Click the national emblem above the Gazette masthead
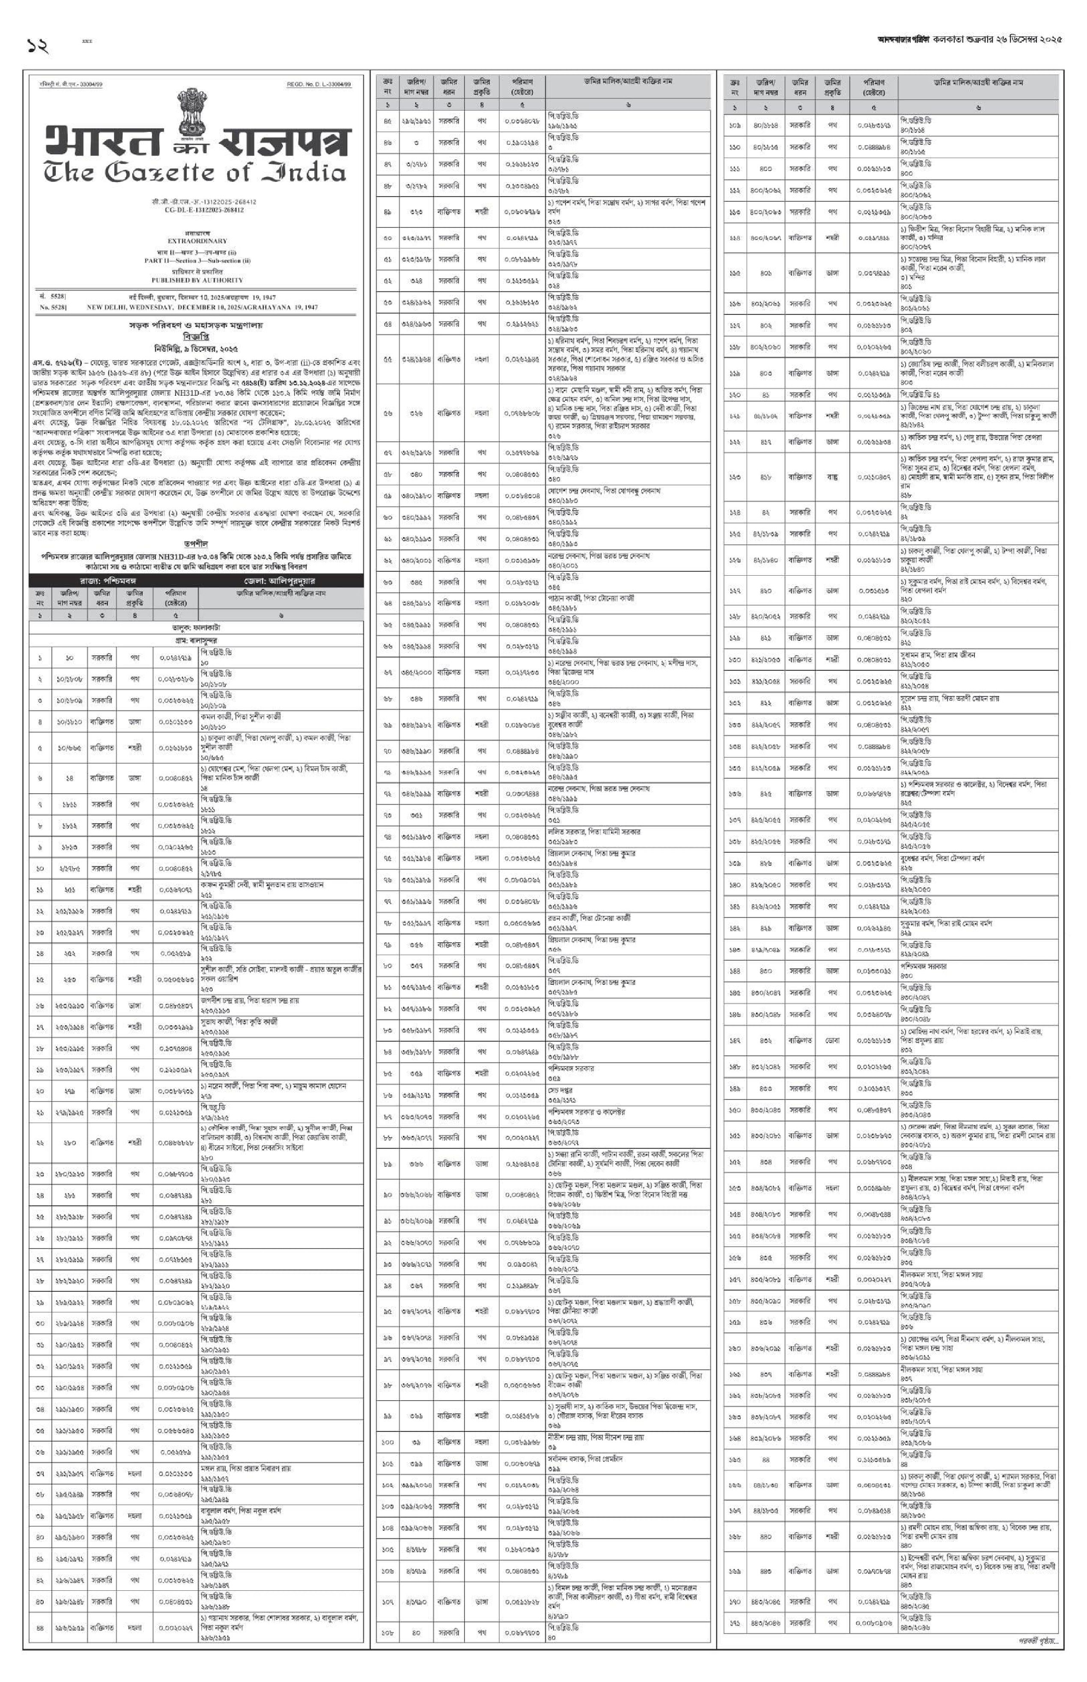(x=192, y=111)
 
